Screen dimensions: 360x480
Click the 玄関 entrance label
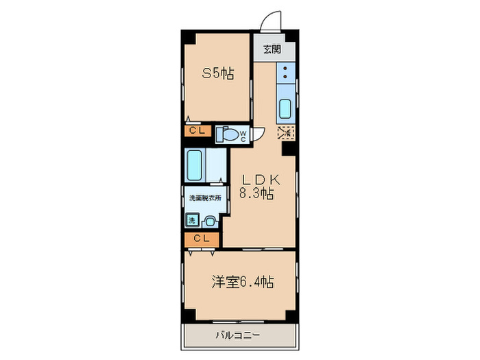click(x=272, y=49)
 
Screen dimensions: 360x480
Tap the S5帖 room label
click(x=217, y=73)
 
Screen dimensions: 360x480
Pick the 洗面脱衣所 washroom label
click(x=204, y=198)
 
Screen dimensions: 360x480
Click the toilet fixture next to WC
click(x=227, y=134)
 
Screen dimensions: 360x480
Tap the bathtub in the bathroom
click(x=196, y=165)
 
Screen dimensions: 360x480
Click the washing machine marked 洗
click(x=193, y=220)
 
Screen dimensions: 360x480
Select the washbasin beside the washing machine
click(x=210, y=221)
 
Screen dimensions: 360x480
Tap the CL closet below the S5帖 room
click(x=197, y=131)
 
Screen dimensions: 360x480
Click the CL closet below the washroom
click(x=202, y=239)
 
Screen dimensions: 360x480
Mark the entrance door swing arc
click(x=273, y=21)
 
